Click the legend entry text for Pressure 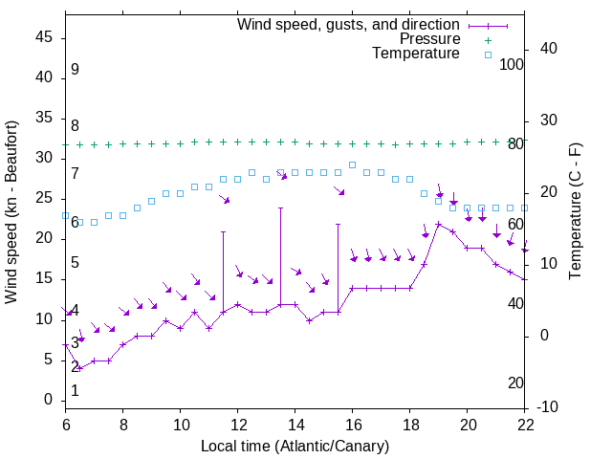pyautogui.click(x=429, y=39)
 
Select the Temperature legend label pyautogui.click(x=416, y=55)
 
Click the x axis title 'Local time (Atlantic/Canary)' pyautogui.click(x=295, y=446)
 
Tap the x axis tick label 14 pyautogui.click(x=295, y=424)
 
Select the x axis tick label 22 pyautogui.click(x=525, y=424)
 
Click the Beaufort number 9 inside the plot pyautogui.click(x=75, y=71)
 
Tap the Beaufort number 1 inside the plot pyautogui.click(x=75, y=391)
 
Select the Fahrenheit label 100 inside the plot pyautogui.click(x=512, y=64)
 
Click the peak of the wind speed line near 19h pyautogui.click(x=439, y=225)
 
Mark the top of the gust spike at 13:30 pyautogui.click(x=281, y=208)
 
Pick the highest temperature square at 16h pyautogui.click(x=353, y=164)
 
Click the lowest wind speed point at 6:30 pyautogui.click(x=80, y=368)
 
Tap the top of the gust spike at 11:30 pyautogui.click(x=224, y=231)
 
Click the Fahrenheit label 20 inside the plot pyautogui.click(x=515, y=383)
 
